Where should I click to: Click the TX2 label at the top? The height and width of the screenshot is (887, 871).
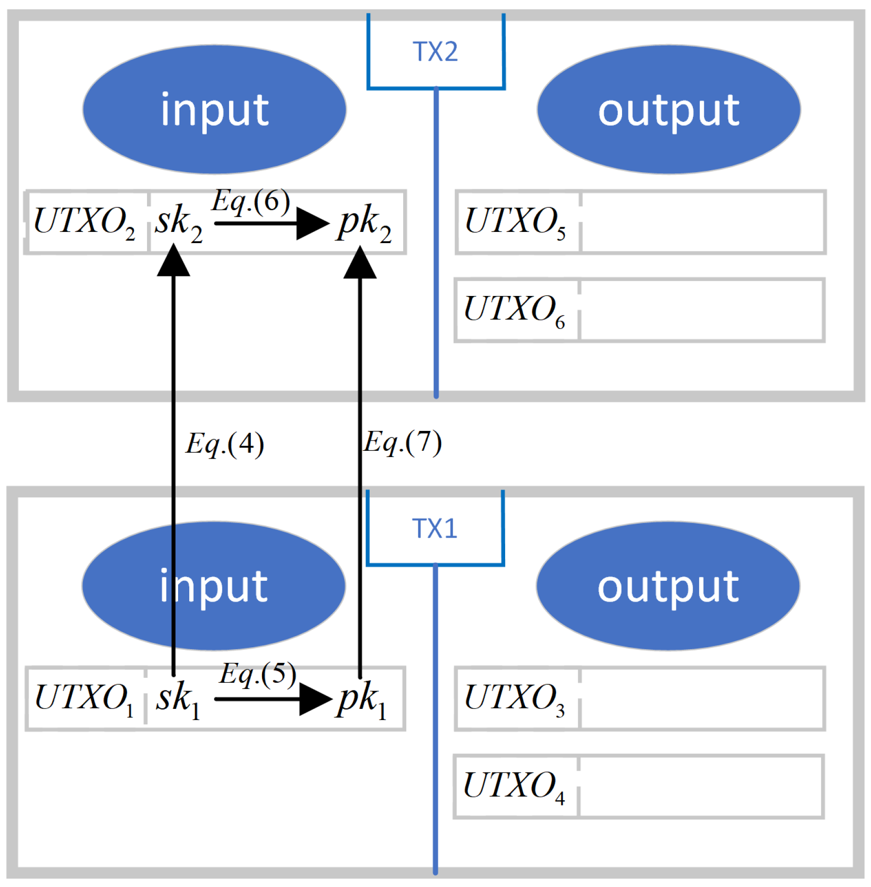pos(435,51)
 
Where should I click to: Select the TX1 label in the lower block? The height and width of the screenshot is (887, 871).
pos(434,528)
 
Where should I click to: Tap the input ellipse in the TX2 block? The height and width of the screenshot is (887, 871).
pos(214,110)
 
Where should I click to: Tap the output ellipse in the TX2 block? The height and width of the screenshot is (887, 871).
pos(669,110)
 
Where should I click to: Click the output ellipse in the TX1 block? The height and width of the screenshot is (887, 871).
pos(668,586)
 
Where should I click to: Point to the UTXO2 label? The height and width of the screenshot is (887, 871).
pos(84,222)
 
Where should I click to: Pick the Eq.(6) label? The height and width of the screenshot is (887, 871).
pos(251,200)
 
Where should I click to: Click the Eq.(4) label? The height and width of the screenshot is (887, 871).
pos(225,443)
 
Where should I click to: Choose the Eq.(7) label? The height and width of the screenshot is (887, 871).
pos(402,442)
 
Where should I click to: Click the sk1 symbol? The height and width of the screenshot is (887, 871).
pos(178,699)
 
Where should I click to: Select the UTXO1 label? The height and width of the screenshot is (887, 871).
pos(84,698)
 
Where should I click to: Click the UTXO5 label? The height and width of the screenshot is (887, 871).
pos(515,222)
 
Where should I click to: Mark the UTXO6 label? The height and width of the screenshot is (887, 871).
pos(514,310)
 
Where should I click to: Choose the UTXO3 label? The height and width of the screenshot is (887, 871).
pos(514,698)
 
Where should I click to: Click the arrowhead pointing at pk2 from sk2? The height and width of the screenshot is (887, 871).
pos(312,224)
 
